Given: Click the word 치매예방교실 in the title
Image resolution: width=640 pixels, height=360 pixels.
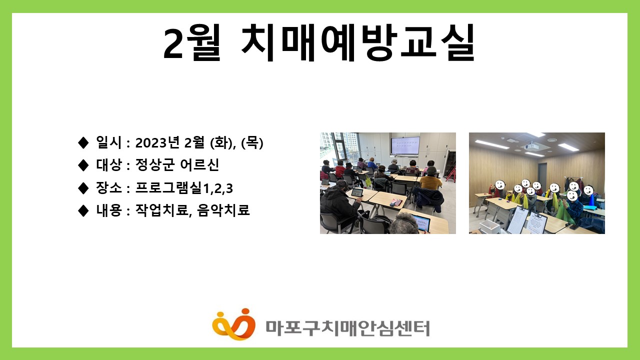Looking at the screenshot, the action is [358, 43].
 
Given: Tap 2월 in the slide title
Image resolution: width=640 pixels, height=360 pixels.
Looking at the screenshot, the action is [191, 43].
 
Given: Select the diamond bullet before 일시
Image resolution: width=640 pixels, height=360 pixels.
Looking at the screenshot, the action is [83, 142].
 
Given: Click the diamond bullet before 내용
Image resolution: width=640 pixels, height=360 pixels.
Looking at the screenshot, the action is [83, 210].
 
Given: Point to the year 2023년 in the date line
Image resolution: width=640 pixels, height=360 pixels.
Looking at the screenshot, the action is [157, 142].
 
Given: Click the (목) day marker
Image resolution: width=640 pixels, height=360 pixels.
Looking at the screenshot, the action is [252, 142].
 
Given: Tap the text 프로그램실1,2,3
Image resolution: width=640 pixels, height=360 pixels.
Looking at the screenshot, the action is [184, 188].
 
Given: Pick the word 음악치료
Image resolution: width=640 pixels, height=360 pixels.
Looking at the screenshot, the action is [223, 210].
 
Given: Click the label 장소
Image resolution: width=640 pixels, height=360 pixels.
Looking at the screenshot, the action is [109, 188].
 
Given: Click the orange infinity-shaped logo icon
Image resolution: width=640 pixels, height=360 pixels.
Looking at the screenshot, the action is [233, 324].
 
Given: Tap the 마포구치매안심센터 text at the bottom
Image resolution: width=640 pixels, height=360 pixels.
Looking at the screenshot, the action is [347, 328].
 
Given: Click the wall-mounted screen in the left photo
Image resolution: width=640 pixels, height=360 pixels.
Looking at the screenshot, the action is [405, 145].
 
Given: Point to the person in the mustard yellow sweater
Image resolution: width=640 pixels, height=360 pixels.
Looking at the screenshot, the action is [431, 178].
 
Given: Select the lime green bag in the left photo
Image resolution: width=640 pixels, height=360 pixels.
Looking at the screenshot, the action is [368, 181].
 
